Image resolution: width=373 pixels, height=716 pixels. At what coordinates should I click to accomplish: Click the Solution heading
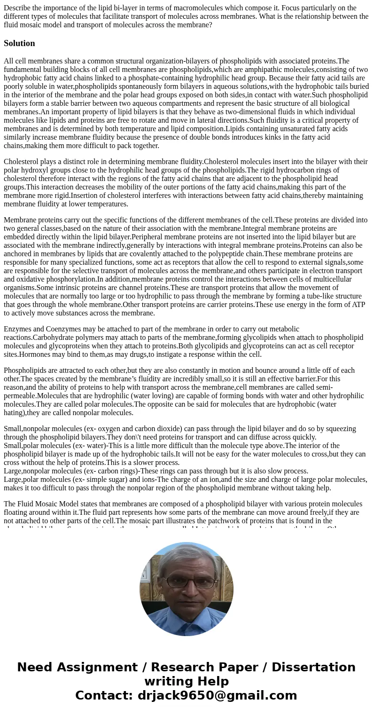(x=19, y=43)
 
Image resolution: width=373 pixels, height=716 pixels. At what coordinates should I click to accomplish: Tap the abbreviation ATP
(x=357, y=305)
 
